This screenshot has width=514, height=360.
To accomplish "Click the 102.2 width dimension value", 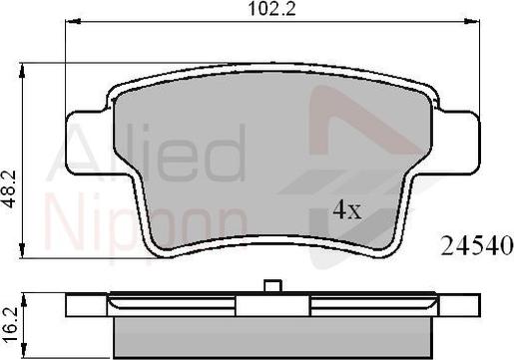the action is tap(271, 9).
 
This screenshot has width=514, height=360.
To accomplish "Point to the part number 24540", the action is tap(477, 246).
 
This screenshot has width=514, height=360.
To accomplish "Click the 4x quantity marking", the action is tap(347, 210).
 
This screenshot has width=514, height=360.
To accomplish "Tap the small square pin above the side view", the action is tap(272, 286).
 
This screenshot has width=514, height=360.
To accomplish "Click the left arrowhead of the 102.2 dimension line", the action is tap(73, 22).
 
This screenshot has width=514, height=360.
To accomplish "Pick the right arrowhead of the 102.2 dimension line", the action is tap(472, 22).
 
